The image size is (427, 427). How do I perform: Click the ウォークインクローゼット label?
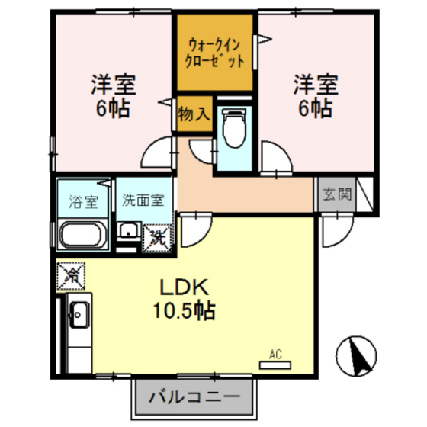216,51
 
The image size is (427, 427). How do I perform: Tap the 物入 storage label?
194,114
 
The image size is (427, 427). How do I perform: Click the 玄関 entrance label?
336,194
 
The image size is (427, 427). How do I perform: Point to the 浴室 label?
84,202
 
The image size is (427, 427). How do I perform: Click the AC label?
276,353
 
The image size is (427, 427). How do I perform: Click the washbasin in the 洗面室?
127,232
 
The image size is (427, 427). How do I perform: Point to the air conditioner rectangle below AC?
275,364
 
